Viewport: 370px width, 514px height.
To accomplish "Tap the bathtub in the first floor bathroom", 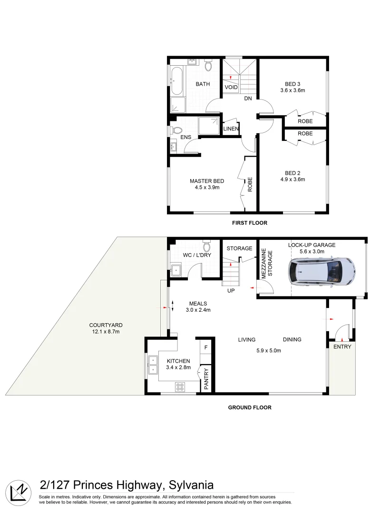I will (x=176, y=81).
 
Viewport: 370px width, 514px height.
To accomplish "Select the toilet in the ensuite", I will (x=176, y=130).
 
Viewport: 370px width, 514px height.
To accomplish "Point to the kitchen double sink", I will (x=153, y=365).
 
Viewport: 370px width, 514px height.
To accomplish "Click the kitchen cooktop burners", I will (x=181, y=387).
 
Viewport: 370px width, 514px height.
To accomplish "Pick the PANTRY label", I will (x=206, y=379).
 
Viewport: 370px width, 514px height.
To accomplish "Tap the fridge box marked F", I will (x=206, y=347).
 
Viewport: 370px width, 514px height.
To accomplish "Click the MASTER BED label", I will (x=207, y=181).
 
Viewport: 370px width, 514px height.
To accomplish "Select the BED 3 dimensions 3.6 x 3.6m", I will (x=292, y=90).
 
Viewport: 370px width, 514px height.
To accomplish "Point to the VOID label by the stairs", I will (x=231, y=88).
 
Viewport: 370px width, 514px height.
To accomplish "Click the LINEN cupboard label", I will (x=231, y=129).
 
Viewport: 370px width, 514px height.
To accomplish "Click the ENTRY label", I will (x=342, y=346).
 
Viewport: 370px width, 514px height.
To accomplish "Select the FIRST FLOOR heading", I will (x=249, y=223).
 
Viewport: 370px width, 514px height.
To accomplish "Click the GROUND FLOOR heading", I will (x=250, y=407).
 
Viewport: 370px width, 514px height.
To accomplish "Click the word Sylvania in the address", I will (x=190, y=485).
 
